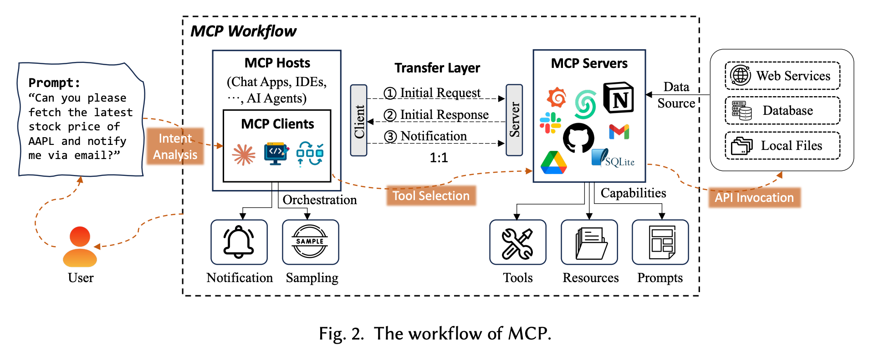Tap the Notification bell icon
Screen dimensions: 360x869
[x=239, y=242]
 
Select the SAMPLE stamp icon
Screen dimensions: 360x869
[x=310, y=242]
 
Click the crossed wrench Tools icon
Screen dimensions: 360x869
[x=517, y=243]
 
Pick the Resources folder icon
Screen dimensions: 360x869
[x=589, y=243]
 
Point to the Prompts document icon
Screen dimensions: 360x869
[x=661, y=243]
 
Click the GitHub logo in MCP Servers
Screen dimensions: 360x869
[x=578, y=138]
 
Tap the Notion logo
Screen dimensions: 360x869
[x=619, y=98]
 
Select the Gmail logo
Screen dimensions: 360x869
[x=619, y=132]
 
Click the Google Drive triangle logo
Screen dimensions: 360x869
[x=554, y=163]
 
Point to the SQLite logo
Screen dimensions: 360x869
[x=613, y=159]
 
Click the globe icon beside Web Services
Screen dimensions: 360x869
[x=741, y=75]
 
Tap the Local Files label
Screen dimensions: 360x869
[x=792, y=146]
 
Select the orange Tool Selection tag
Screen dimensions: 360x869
[x=431, y=196]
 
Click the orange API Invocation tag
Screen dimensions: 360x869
[x=754, y=198]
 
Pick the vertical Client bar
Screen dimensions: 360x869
[x=359, y=121]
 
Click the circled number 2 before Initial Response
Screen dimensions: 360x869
[x=390, y=115]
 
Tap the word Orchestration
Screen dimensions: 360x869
[x=320, y=200]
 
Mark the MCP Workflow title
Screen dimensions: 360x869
[x=243, y=31]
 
